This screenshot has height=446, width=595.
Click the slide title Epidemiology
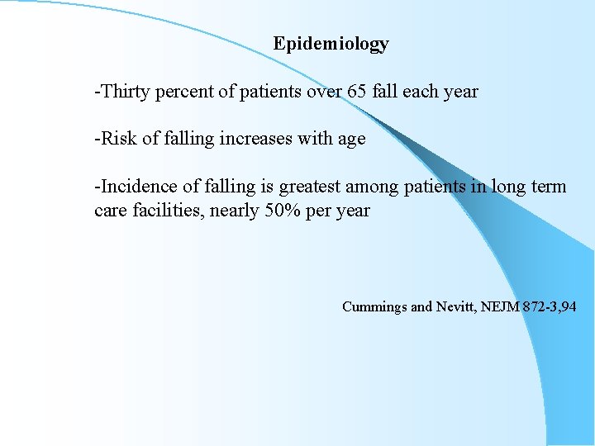pos(331,44)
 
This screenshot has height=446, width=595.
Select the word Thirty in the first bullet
pos(123,91)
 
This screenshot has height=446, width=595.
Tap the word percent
pos(183,91)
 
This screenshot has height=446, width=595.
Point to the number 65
pos(358,91)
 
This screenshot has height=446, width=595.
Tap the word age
pos(351,140)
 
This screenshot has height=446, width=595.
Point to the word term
pos(549,187)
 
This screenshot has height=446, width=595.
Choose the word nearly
pos(235,211)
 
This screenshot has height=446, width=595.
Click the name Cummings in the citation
pos(374,307)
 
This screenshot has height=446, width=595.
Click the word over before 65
pos(325,91)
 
